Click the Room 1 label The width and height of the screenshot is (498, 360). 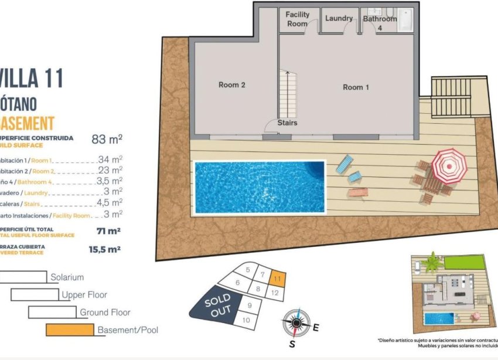click(x=356, y=87)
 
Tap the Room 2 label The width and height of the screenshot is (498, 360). click(x=232, y=84)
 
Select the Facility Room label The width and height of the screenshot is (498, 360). click(x=297, y=19)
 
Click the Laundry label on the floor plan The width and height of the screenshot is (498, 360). click(x=339, y=18)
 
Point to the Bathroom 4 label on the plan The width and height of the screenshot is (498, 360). click(x=380, y=23)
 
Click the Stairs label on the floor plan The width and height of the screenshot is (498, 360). click(x=287, y=123)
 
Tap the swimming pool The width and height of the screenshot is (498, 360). click(x=259, y=187)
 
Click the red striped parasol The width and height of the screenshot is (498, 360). click(x=449, y=165)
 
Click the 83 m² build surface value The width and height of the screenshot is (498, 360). click(x=107, y=140)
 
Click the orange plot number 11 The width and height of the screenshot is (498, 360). click(x=278, y=280)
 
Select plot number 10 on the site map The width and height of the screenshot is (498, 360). click(x=246, y=320)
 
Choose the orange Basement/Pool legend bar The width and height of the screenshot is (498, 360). click(x=70, y=330)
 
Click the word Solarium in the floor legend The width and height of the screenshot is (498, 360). click(x=67, y=277)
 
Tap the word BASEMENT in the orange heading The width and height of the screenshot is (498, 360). click(x=28, y=123)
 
